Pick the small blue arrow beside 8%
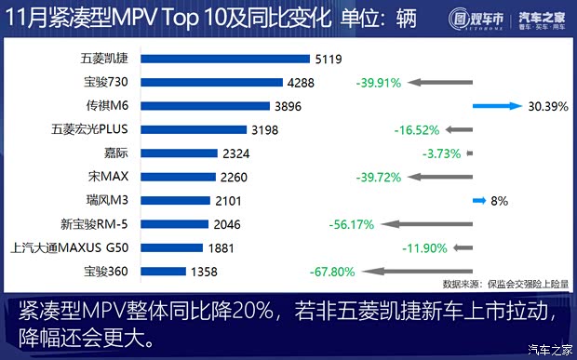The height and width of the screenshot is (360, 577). pos(479,200)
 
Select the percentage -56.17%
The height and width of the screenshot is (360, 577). pos(352,224)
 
